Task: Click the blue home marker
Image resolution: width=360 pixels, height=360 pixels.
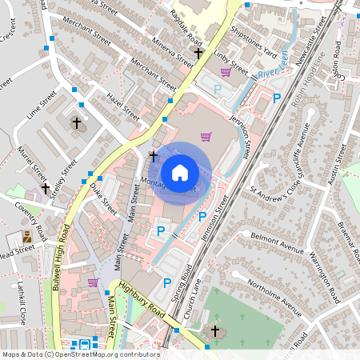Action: tap(180, 171)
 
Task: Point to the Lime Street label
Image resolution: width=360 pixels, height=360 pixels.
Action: tap(41, 105)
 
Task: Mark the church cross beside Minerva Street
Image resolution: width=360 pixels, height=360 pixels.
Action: tap(198, 53)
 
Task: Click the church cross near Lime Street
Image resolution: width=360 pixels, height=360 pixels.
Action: tap(78, 123)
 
